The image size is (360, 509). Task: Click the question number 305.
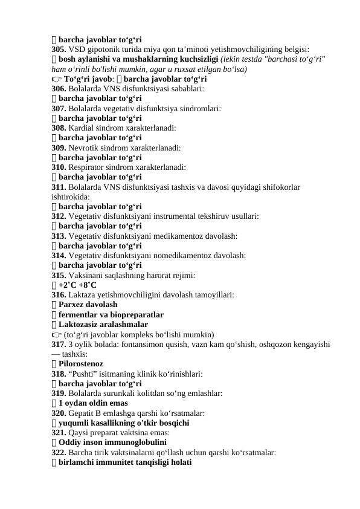click(x=59, y=50)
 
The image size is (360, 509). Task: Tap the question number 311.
click(x=59, y=187)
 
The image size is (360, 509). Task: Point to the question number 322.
click(x=59, y=453)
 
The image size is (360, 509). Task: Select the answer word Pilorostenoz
click(x=81, y=364)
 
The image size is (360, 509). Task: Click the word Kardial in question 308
click(x=83, y=128)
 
